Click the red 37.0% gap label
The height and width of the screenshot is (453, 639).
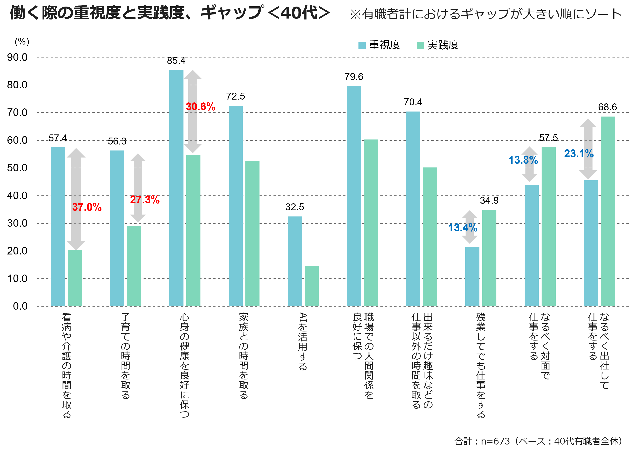tap(87, 207)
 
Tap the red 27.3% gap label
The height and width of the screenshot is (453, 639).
tap(145, 200)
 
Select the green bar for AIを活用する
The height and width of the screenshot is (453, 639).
tap(312, 286)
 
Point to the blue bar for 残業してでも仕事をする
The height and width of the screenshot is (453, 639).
tap(472, 276)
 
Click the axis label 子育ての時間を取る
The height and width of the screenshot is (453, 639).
tap(126, 356)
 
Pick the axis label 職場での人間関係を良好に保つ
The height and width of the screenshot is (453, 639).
tap(363, 356)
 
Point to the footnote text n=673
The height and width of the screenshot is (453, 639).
tap(495, 441)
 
